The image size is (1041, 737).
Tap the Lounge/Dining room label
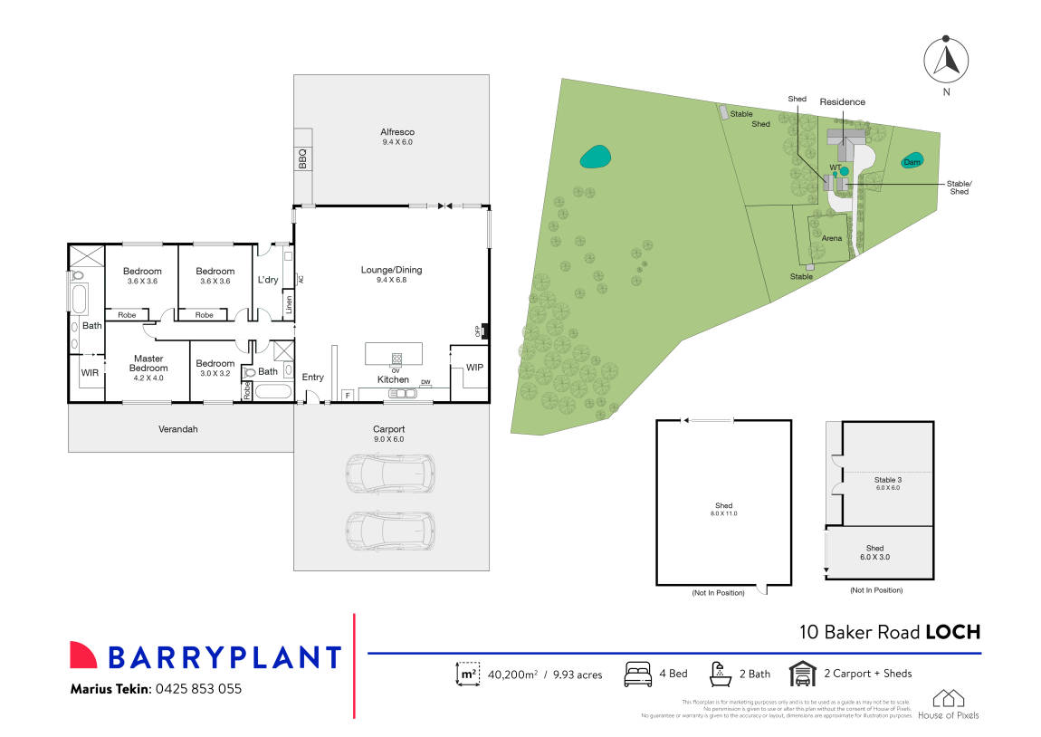point(391,270)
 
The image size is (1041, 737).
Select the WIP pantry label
point(474,368)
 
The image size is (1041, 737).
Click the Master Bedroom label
point(148,363)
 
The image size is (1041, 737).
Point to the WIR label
point(89,372)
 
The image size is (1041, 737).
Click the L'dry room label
point(268,280)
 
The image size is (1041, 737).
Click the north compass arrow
point(945,60)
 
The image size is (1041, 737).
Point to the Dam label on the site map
point(912,162)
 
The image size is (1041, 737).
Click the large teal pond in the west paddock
point(595,158)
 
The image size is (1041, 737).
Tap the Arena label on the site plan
point(832,238)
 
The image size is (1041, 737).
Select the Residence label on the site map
point(842,102)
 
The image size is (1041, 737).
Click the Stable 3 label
point(888,480)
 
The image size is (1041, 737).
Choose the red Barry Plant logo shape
point(83,656)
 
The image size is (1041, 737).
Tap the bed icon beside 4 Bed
point(639,674)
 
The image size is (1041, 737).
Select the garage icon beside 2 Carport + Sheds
point(801,674)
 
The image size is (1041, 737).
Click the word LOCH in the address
point(952,633)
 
